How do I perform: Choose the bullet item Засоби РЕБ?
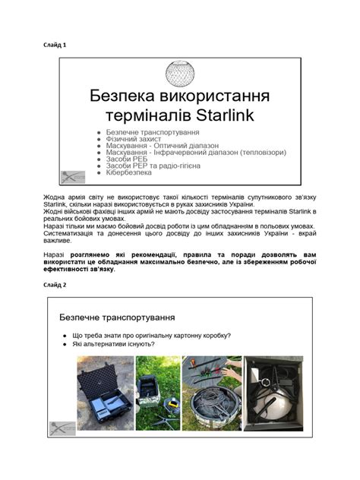click(129, 159)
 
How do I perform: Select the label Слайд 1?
click(55, 45)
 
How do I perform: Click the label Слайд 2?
click(55, 284)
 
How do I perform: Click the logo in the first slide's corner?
click(73, 176)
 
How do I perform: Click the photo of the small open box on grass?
click(158, 393)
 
